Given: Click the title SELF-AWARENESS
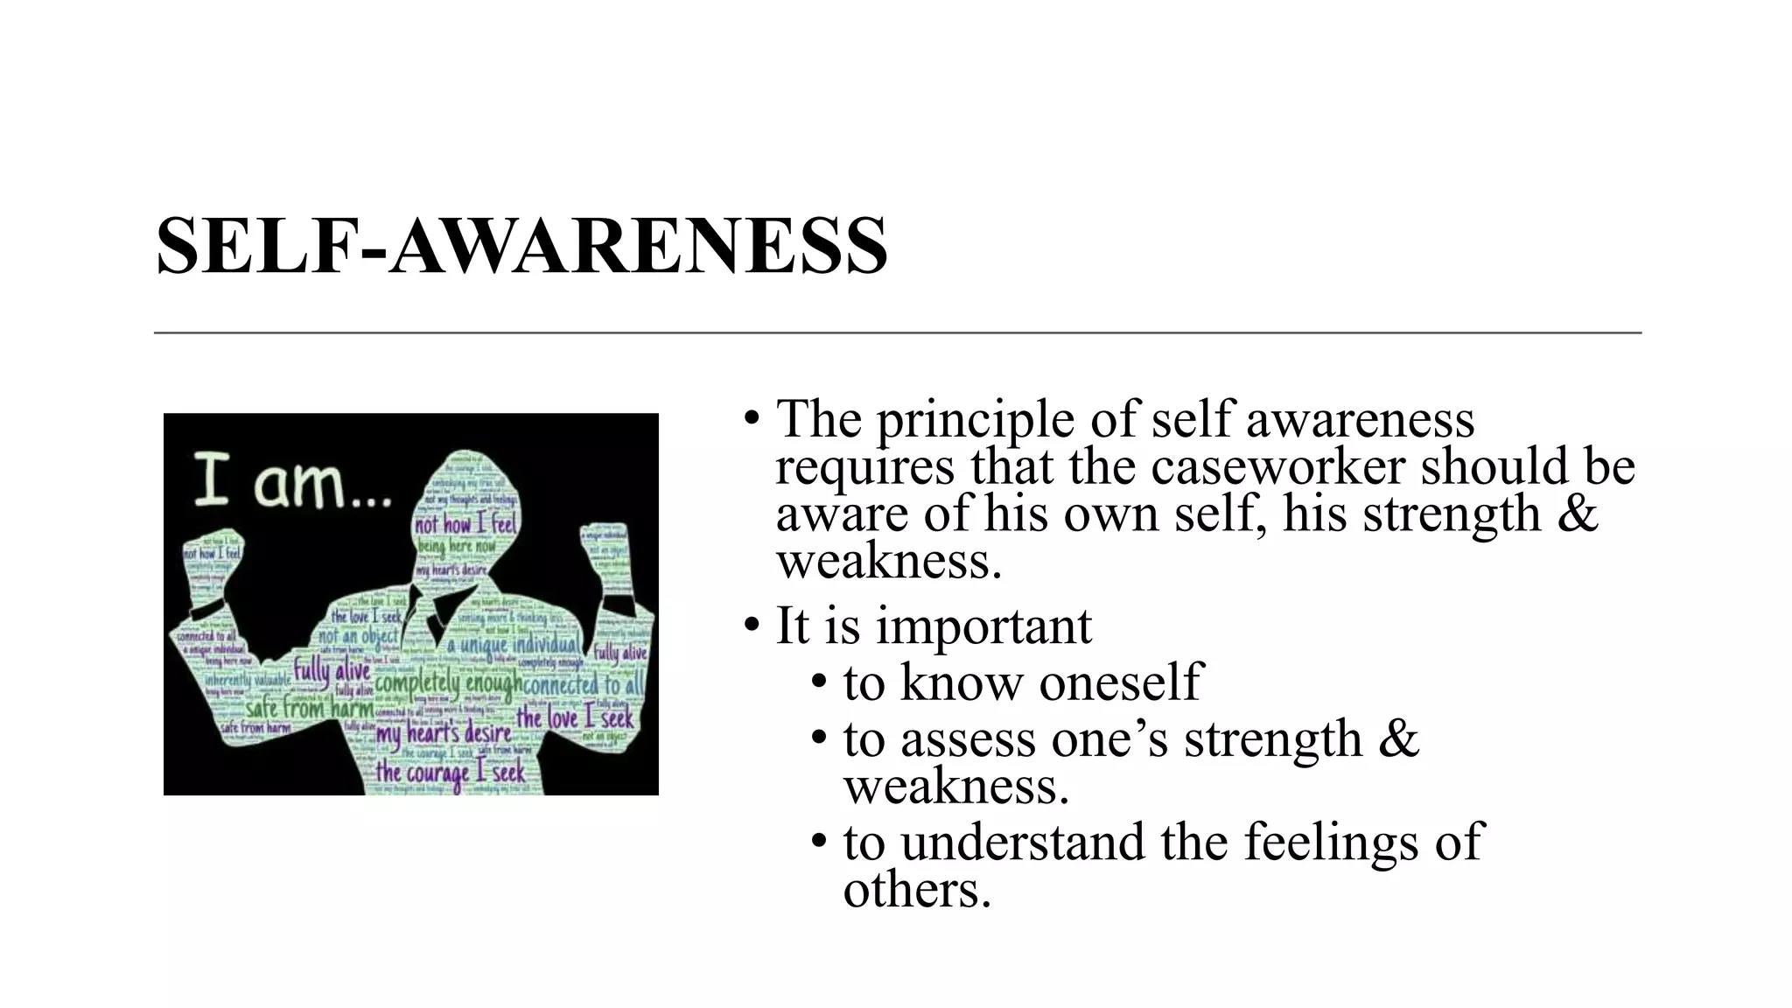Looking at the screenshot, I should pos(521,246).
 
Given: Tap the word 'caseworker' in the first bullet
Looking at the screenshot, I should pos(1277,466).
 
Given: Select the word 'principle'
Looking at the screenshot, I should pos(975,420).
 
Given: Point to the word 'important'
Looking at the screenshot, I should pos(983,626).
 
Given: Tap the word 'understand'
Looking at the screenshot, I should pos(1022,842).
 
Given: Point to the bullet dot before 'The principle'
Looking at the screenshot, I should pos(751,418).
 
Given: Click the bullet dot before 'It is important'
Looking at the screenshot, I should pos(751,626).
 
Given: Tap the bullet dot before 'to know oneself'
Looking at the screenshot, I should pos(819,682).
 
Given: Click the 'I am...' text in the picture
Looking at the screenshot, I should pos(290,482).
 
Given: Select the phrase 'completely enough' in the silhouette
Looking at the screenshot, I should pos(448,682).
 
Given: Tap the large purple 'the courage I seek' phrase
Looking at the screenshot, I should pos(451,773).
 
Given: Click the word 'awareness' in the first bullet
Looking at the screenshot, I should pos(1359,420).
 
